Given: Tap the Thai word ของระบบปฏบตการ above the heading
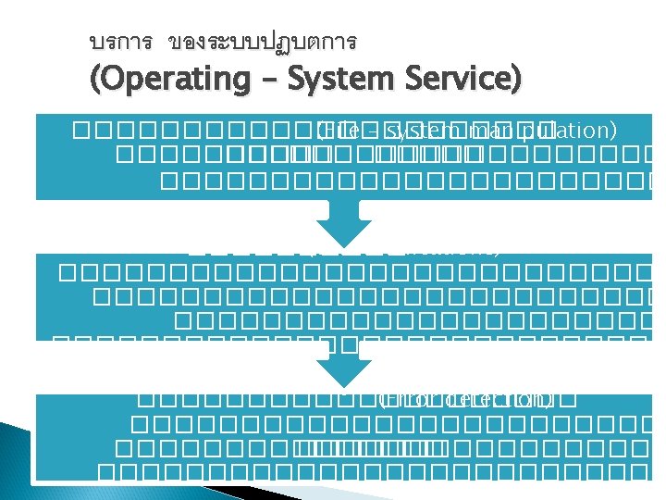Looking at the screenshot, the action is pos(263,43).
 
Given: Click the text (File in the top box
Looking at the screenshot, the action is pos(336,131).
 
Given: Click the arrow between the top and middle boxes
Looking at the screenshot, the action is pos(340,225).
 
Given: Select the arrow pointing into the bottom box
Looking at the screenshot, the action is pos(340,369).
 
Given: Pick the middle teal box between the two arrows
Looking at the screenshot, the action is pos(340,296).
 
